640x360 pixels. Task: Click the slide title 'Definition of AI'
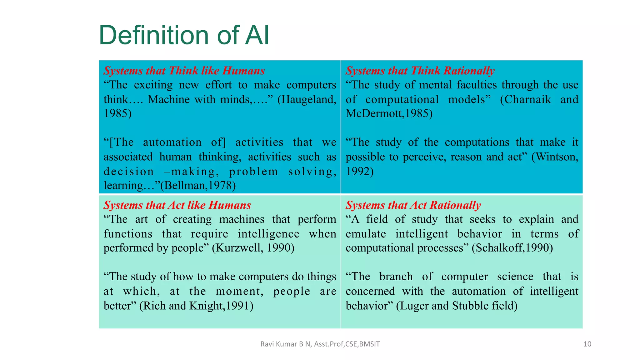pyautogui.click(x=184, y=35)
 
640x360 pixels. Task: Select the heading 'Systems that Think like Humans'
pyautogui.click(x=184, y=71)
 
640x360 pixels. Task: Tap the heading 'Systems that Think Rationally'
pyautogui.click(x=420, y=71)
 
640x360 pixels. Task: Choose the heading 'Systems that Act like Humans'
pyautogui.click(x=177, y=205)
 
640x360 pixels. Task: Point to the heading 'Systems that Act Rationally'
pyautogui.click(x=413, y=205)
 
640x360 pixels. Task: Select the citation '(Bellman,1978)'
pyautogui.click(x=198, y=185)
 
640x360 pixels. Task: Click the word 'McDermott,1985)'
pyautogui.click(x=389, y=113)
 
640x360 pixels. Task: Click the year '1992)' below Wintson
pyautogui.click(x=359, y=171)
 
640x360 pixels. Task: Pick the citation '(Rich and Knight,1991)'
pyautogui.click(x=196, y=305)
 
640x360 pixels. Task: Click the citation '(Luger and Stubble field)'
pyautogui.click(x=457, y=305)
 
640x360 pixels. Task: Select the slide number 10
pyautogui.click(x=587, y=344)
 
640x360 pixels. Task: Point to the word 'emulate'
pyautogui.click(x=366, y=234)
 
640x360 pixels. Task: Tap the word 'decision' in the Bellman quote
pyautogui.click(x=129, y=171)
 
